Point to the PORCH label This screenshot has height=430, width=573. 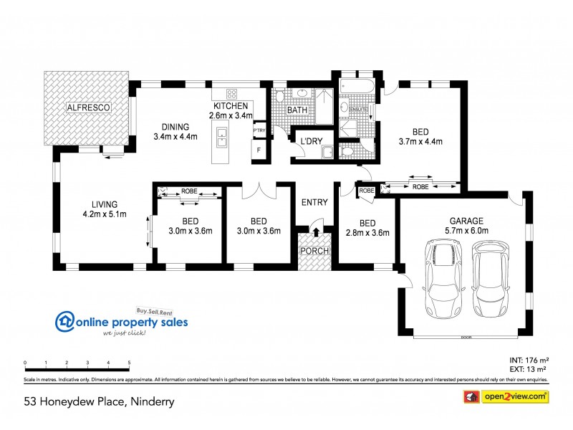(314, 251)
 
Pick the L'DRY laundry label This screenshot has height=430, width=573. (310, 140)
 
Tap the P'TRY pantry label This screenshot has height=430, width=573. (259, 130)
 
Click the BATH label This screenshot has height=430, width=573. (297, 110)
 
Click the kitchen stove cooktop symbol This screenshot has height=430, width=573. (233, 93)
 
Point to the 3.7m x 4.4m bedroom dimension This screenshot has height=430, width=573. (420, 141)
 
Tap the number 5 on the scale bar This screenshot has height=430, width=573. (129, 363)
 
